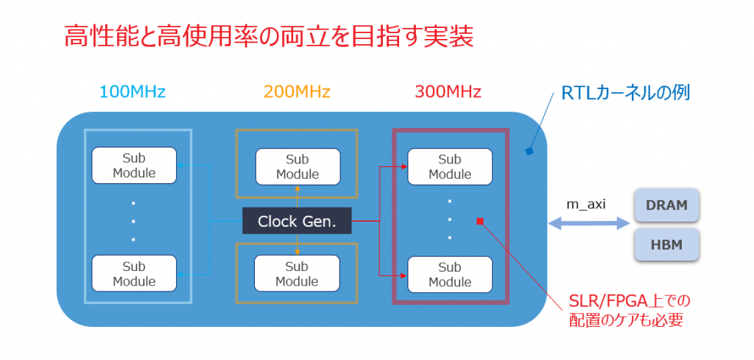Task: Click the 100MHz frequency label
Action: point(133,91)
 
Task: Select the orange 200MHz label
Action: point(297,91)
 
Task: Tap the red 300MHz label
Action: point(448,91)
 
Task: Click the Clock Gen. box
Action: point(297,221)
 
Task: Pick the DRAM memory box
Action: point(666,205)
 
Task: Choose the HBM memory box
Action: point(666,244)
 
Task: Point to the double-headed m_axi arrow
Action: point(589,223)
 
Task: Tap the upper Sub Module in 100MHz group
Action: point(134,166)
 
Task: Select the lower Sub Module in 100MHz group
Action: point(134,273)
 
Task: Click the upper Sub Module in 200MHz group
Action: point(297,166)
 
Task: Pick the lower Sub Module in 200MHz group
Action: point(297,273)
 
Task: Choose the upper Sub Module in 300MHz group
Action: point(450,166)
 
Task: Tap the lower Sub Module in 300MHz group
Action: point(450,275)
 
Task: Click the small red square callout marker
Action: point(479,221)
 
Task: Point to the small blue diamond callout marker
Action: point(529,152)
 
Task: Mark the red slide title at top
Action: point(269,36)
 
